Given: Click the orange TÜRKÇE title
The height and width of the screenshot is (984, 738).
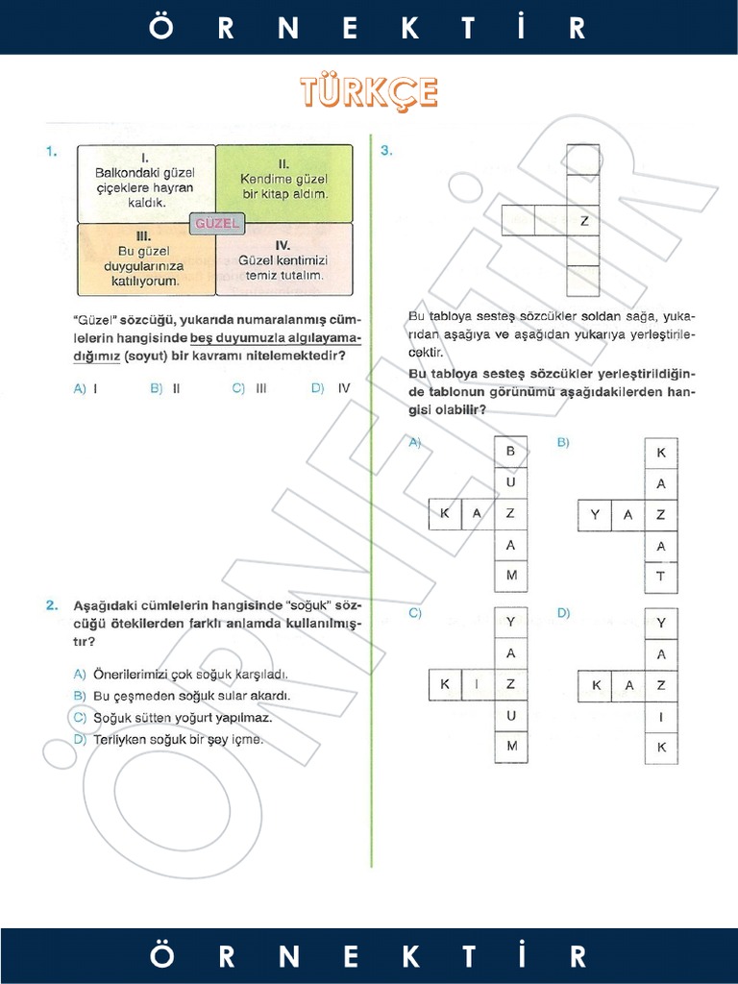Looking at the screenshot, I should pos(369,93).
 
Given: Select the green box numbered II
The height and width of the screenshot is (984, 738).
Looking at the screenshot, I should pos(283,182).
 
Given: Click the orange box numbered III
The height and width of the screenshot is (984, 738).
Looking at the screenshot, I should pos(145,258).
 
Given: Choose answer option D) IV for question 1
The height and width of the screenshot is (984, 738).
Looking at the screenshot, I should pos(331,389).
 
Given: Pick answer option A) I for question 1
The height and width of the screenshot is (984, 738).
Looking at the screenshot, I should pos(86,389).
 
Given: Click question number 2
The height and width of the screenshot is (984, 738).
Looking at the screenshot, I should pos(52,605).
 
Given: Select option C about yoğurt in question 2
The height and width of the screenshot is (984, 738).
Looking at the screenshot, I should pos(173,718).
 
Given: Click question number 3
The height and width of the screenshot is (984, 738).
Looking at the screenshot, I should pos(385,151).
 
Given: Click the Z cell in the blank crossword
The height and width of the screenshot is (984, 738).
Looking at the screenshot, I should pos(583,221).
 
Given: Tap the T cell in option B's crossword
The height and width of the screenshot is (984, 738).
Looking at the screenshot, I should pos(660,578).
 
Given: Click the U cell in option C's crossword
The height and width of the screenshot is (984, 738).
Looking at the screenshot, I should pos(510,716).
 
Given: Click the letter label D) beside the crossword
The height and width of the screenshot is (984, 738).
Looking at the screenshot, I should pos(563,613).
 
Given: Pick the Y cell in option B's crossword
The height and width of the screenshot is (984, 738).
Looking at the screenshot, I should pos(595,515).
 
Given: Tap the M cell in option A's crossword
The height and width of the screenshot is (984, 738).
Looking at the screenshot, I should pos(510,576).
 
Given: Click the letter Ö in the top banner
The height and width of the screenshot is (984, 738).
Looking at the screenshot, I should pos(161,28).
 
